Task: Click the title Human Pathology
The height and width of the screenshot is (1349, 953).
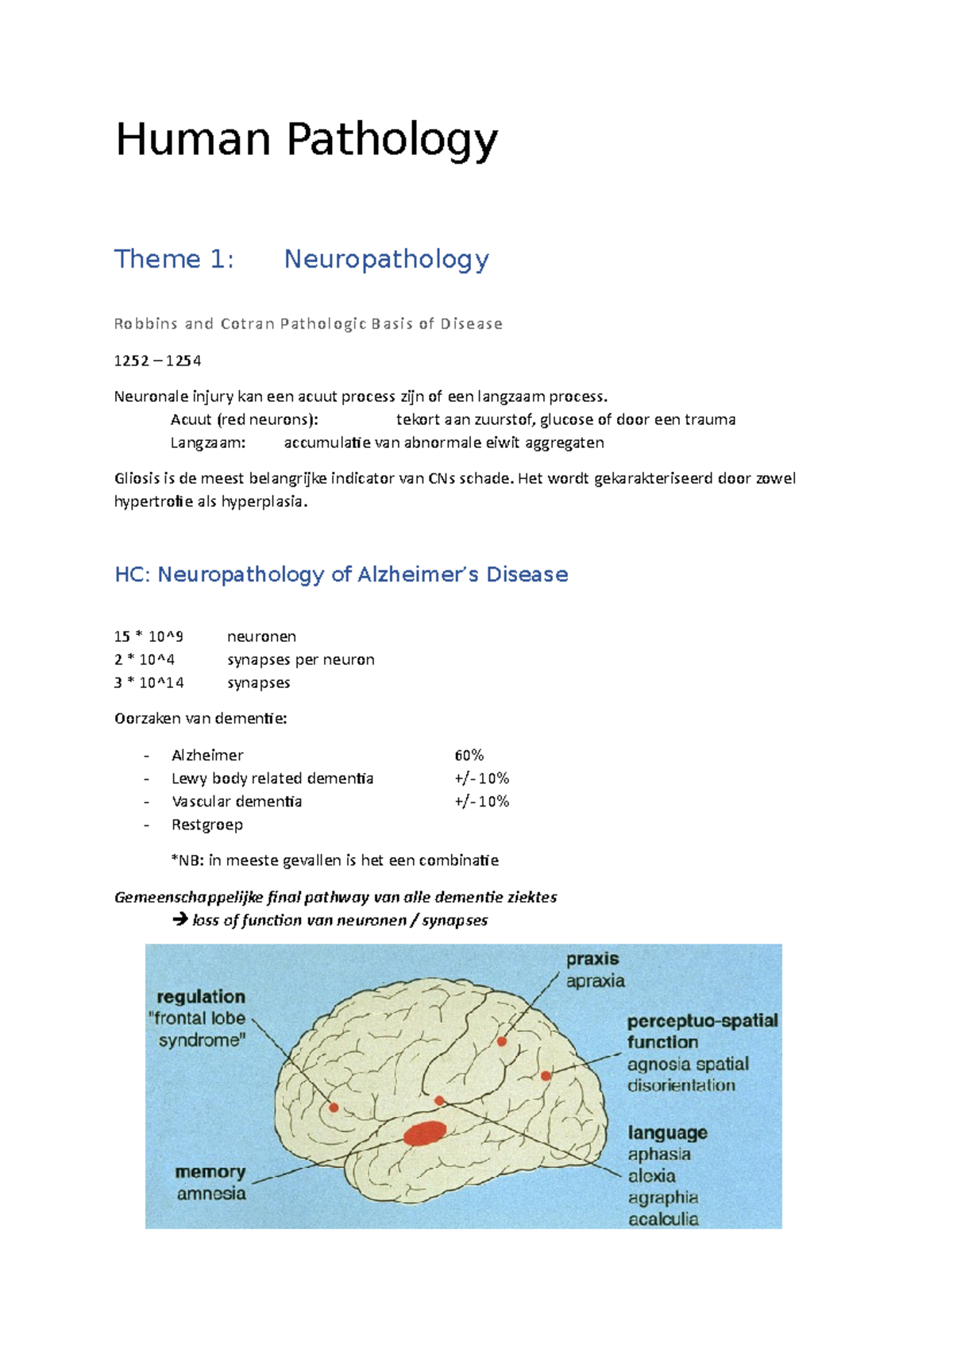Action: click(x=307, y=140)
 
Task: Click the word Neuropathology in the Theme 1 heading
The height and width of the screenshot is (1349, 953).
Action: click(x=386, y=259)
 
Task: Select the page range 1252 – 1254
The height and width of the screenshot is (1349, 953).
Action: click(x=157, y=361)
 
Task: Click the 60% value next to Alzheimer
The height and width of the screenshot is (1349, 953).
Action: click(x=469, y=755)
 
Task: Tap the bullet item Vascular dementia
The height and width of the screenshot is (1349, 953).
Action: click(x=237, y=801)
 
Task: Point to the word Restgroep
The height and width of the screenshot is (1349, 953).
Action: click(x=207, y=825)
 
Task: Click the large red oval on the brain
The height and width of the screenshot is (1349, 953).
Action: click(x=425, y=1133)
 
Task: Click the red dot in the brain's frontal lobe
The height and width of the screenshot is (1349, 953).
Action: click(x=334, y=1107)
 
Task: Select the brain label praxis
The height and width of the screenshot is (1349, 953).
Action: click(x=592, y=959)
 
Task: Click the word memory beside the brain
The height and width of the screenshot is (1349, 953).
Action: click(x=210, y=1172)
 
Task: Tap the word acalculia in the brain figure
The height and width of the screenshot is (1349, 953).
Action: click(x=663, y=1219)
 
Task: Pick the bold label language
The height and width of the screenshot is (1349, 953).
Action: click(x=667, y=1132)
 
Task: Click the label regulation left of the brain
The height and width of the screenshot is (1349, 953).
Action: click(x=201, y=996)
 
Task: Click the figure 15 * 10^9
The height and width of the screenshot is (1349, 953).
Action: click(x=149, y=636)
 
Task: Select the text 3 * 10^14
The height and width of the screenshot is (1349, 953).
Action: click(x=149, y=682)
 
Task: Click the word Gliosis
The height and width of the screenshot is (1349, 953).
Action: click(x=136, y=478)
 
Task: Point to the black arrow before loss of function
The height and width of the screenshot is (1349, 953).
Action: click(x=180, y=919)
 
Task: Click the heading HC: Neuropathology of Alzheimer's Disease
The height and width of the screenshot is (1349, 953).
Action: click(x=341, y=574)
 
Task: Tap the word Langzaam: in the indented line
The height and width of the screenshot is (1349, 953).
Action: click(x=208, y=443)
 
